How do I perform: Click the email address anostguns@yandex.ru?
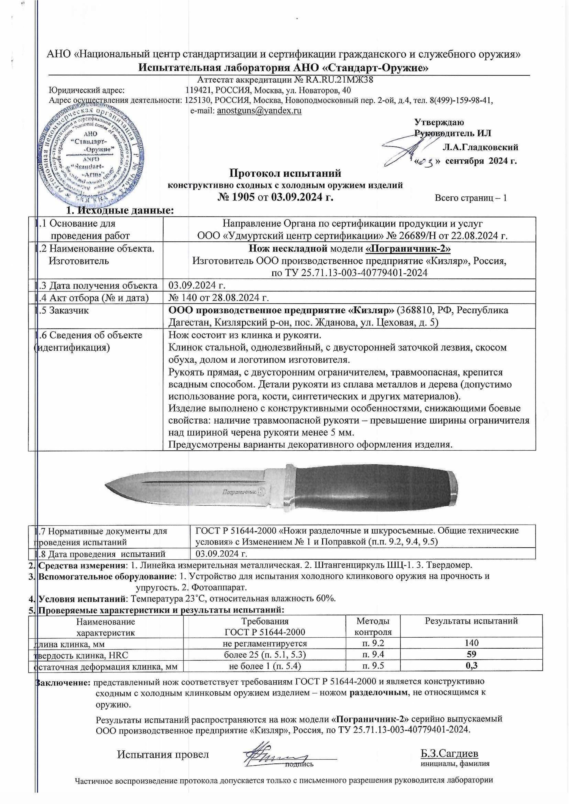click(259, 111)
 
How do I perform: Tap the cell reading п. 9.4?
click(373, 654)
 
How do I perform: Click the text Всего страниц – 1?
click(470, 198)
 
